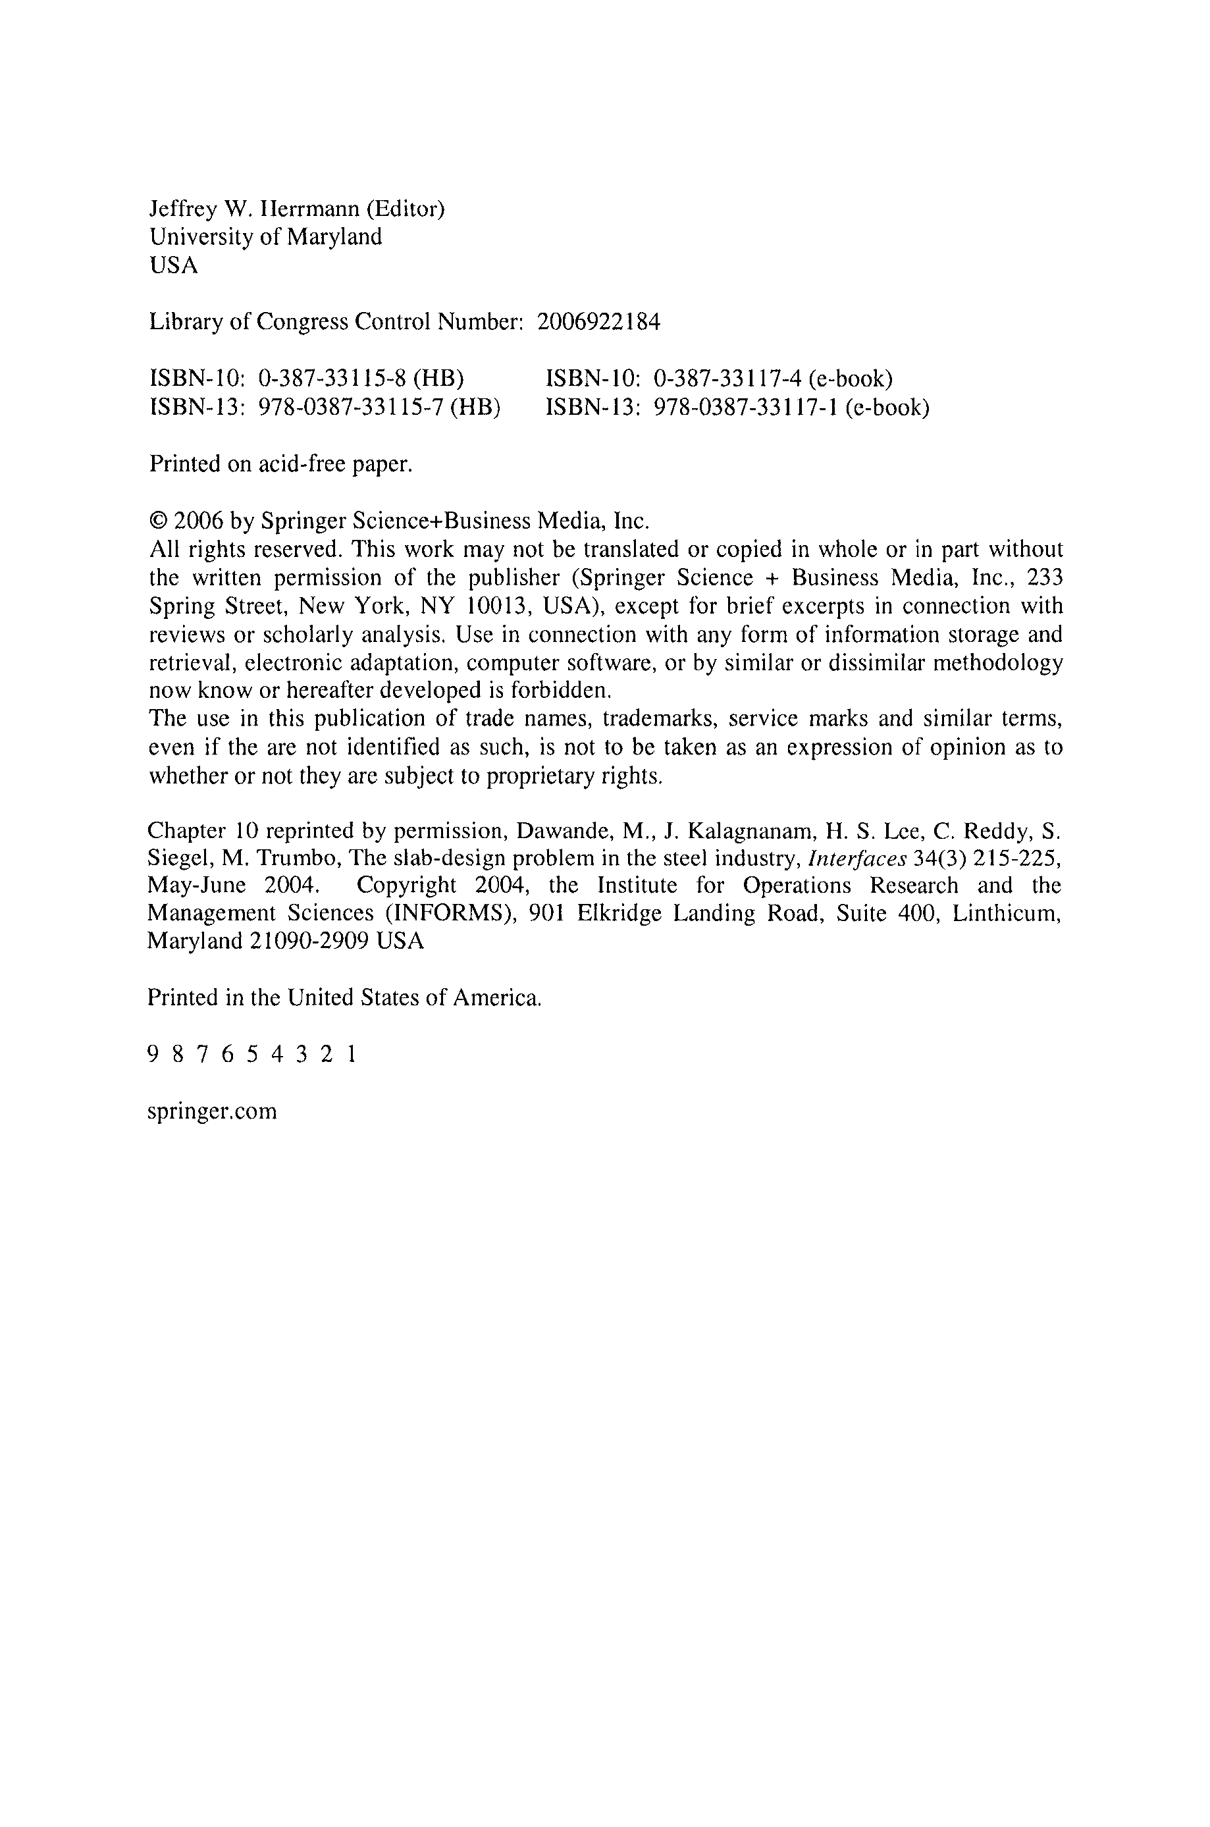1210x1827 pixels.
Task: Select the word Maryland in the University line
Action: tap(334, 237)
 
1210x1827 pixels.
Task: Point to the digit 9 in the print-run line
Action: tap(152, 1055)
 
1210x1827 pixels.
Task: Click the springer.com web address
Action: tap(211, 1112)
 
